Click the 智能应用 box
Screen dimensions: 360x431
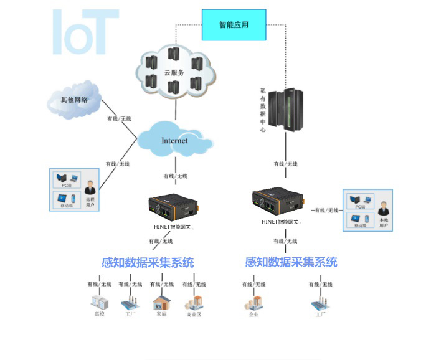coord(234,25)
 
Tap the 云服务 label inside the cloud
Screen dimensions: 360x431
coord(174,73)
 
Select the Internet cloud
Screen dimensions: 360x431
coord(174,141)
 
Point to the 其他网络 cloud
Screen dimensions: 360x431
coord(73,100)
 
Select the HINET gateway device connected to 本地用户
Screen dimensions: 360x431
coord(277,200)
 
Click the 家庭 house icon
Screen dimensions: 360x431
coord(162,302)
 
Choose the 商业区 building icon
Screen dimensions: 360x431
coord(194,302)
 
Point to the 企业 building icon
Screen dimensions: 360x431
coord(253,303)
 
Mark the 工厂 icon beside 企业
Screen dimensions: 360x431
coord(320,303)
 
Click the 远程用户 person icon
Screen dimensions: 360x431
coord(92,187)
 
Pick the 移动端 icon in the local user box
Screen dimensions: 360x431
coord(359,219)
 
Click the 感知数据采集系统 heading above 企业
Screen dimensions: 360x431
coord(291,262)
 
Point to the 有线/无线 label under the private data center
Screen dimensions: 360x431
coord(286,164)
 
